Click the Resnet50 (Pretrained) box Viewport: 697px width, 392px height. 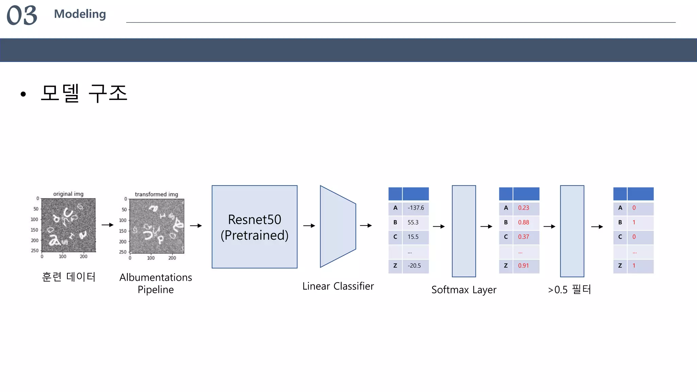(254, 227)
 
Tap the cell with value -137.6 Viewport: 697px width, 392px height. (416, 208)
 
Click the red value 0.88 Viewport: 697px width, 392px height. (523, 223)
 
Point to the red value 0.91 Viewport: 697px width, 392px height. (523, 266)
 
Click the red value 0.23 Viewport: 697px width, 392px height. (523, 208)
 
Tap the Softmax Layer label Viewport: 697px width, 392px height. (464, 290)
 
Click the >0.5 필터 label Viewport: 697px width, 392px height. (569, 290)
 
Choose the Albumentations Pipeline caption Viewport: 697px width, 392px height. (156, 283)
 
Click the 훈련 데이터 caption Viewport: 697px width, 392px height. (68, 277)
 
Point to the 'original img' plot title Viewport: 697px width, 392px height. (68, 194)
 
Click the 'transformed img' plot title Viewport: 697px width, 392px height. (156, 194)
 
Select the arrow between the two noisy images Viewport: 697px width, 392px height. (108, 225)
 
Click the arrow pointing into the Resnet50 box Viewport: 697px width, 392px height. (196, 226)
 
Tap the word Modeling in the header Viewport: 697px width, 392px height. (80, 14)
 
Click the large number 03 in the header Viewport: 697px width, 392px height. (22, 16)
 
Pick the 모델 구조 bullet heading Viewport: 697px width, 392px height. (84, 93)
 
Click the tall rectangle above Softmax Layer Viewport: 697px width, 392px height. (464, 231)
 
